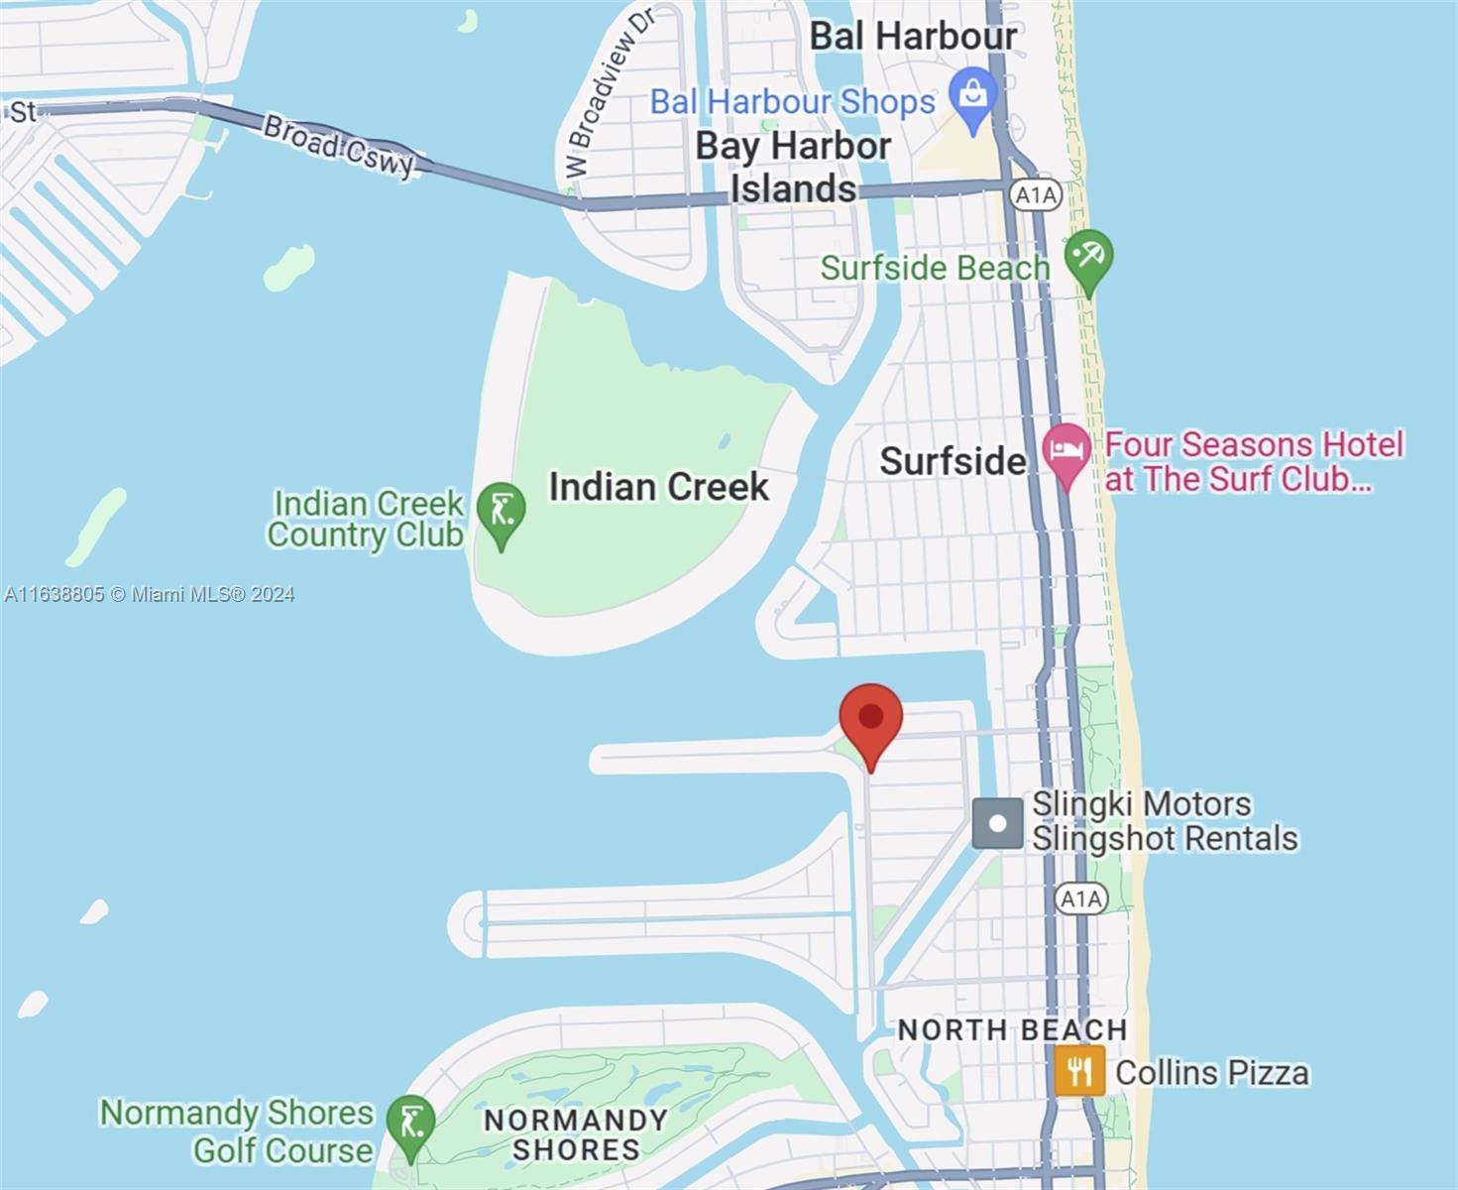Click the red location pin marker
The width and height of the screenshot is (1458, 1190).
[870, 719]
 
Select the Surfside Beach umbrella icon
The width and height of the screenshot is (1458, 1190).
[1088, 258]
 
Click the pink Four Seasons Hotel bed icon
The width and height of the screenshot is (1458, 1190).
[1066, 452]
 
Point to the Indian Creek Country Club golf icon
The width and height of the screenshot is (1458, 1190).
[501, 512]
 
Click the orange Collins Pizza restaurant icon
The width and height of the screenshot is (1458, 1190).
[1079, 1071]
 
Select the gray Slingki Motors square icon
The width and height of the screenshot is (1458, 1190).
[997, 823]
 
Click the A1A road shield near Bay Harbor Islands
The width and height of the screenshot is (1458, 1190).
[1036, 195]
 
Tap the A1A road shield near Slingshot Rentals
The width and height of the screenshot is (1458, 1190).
[1080, 898]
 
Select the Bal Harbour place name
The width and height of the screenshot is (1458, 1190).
[913, 37]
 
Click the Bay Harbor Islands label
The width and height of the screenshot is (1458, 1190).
[793, 167]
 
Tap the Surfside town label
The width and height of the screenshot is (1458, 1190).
[953, 461]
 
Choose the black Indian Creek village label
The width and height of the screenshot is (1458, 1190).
[658, 487]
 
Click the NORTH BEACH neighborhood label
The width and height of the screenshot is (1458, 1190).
[1012, 1030]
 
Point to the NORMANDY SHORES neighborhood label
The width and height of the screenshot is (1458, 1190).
[576, 1134]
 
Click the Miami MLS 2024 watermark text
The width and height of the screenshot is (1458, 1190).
[150, 594]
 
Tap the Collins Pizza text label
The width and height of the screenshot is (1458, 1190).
[1212, 1073]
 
